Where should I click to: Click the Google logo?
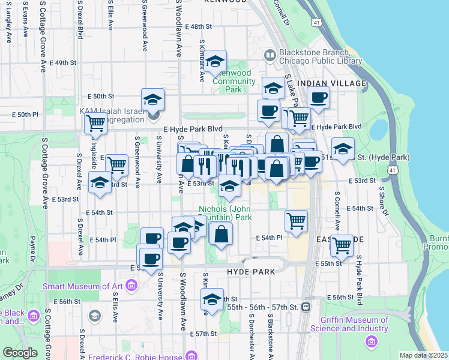pos(19,353)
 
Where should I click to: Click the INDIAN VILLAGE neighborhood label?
pos(331,83)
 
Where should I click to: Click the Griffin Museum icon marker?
pos(372,342)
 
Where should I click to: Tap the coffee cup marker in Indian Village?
pos(318,97)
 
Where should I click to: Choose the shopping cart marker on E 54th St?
pos(297,221)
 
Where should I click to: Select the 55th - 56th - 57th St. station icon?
pos(306,307)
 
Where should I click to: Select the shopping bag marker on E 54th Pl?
pos(221,234)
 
